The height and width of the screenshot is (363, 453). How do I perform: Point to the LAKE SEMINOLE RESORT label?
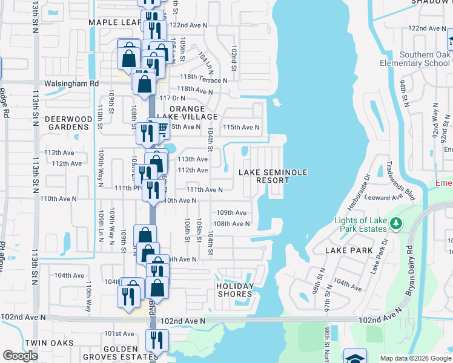[273, 176]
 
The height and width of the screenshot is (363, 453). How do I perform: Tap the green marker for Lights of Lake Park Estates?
[395, 224]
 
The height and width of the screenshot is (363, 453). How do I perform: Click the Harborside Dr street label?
[365, 191]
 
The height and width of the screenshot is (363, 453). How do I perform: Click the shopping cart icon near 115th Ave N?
[162, 128]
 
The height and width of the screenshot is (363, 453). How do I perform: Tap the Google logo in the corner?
[21, 356]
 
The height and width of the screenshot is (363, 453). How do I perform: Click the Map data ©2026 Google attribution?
[415, 358]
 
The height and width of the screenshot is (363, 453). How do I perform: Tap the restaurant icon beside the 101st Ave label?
[157, 341]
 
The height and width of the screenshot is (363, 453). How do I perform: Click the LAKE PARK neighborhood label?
[343, 250]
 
